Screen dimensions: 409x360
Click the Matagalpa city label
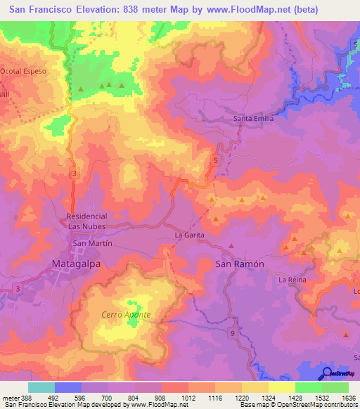coord(77,264)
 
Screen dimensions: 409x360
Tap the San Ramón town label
coord(239,264)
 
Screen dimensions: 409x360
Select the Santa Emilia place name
coord(253,119)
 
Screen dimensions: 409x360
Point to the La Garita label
coord(189,234)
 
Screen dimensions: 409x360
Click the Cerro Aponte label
coord(127,315)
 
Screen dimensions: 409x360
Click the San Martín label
coord(93,243)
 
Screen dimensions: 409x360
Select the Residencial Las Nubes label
coord(86,221)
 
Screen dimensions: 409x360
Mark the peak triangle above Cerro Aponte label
coord(129,304)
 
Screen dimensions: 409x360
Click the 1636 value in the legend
coord(348,397)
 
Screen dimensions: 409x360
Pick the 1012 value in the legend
coord(188,397)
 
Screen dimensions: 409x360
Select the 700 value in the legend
coord(108,397)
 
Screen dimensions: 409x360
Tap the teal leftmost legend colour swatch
coord(41,387)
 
